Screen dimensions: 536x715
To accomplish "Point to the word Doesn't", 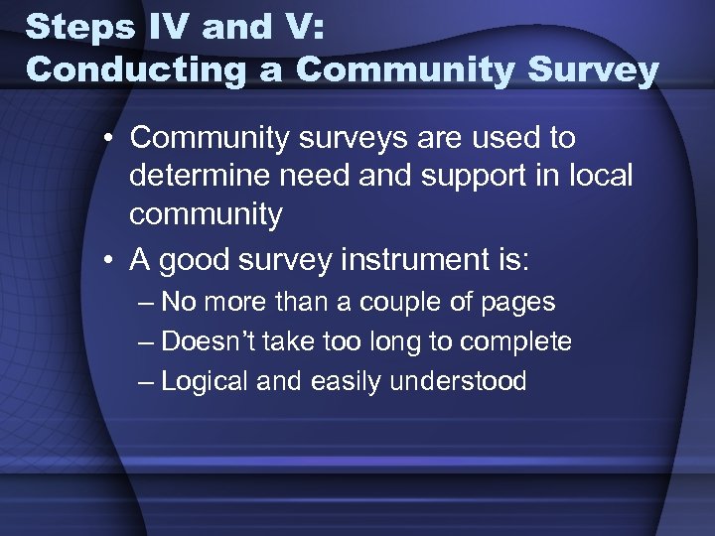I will (x=210, y=341).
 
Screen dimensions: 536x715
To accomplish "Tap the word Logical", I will (x=206, y=381).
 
